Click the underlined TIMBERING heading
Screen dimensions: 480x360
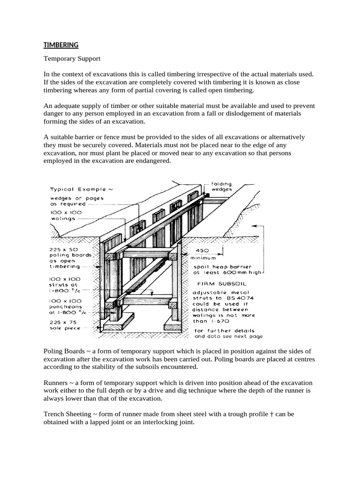[x=61, y=45]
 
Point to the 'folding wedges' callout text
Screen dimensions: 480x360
[x=221, y=187]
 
